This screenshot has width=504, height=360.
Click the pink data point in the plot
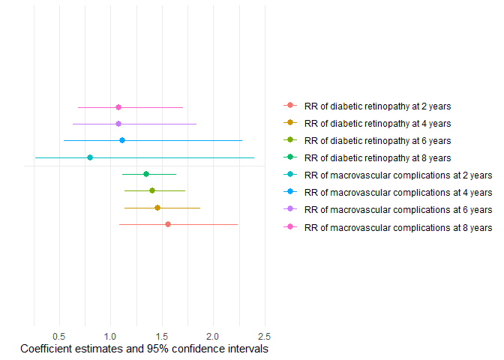pos(118,107)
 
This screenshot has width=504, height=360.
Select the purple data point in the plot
pos(118,124)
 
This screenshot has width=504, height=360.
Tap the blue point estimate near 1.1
pos(122,140)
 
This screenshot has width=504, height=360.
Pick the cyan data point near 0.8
pos(90,157)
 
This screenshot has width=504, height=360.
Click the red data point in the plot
pos(168,224)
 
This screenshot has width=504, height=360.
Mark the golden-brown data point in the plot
pos(157,208)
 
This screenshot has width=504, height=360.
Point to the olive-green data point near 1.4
pos(152,190)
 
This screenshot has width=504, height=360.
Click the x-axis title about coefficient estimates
pos(144,349)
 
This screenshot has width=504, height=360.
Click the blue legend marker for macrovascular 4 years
pos(289,193)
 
